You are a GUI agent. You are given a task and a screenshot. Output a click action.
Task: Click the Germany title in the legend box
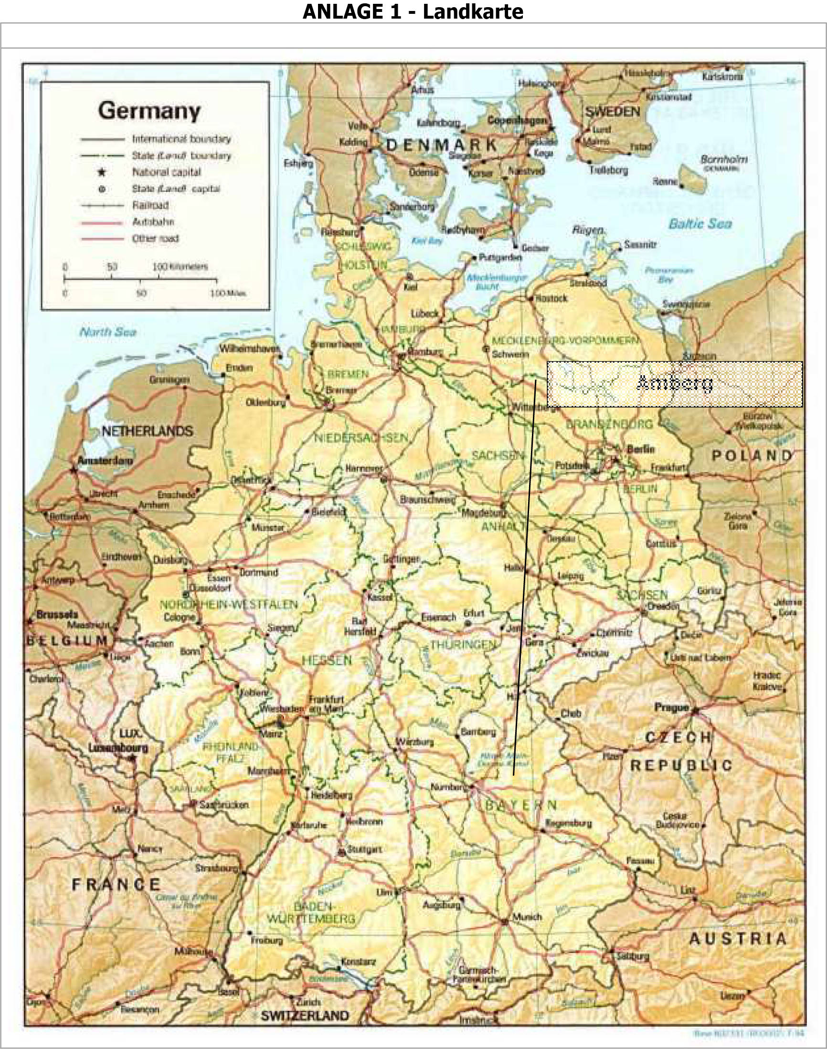[149, 111]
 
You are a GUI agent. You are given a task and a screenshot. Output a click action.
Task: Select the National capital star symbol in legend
[102, 172]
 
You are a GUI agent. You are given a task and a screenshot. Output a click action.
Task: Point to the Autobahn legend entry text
[153, 222]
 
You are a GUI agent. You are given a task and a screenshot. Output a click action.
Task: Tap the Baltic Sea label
[700, 223]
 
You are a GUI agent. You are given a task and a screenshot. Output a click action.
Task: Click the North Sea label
[107, 332]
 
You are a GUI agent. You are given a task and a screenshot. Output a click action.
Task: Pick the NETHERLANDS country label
[147, 430]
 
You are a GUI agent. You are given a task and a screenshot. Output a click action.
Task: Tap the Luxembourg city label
[117, 747]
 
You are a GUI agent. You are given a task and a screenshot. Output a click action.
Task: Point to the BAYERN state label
[520, 806]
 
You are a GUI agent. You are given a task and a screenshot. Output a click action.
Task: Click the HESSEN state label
[327, 661]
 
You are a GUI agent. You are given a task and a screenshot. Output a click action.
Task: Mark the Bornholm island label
[723, 159]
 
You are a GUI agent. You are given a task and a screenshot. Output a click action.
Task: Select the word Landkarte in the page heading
[473, 11]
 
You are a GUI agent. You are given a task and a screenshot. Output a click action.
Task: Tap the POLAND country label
[752, 455]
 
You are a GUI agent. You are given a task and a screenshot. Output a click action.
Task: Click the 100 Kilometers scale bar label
[180, 267]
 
